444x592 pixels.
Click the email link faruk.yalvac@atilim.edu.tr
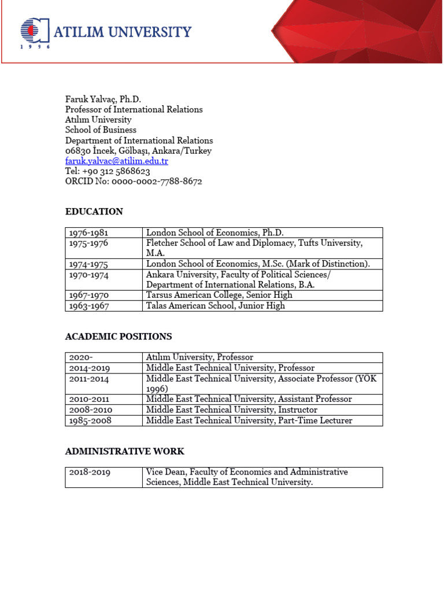pyautogui.click(x=116, y=161)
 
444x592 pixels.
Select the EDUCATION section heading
pyautogui.click(x=94, y=212)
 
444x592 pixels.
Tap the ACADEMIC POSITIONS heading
pyautogui.click(x=118, y=336)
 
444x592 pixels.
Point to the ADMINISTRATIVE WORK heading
pyautogui.click(x=124, y=451)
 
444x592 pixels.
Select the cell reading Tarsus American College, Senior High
pyautogui.click(x=219, y=295)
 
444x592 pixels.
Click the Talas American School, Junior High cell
pyautogui.click(x=215, y=306)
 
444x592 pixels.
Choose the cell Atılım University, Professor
pyautogui.click(x=199, y=357)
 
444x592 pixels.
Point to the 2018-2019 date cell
pyautogui.click(x=90, y=472)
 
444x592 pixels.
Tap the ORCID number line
pyautogui.click(x=133, y=181)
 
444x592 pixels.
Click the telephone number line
pyautogui.click(x=108, y=171)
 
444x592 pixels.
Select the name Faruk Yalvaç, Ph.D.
pyautogui.click(x=103, y=99)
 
